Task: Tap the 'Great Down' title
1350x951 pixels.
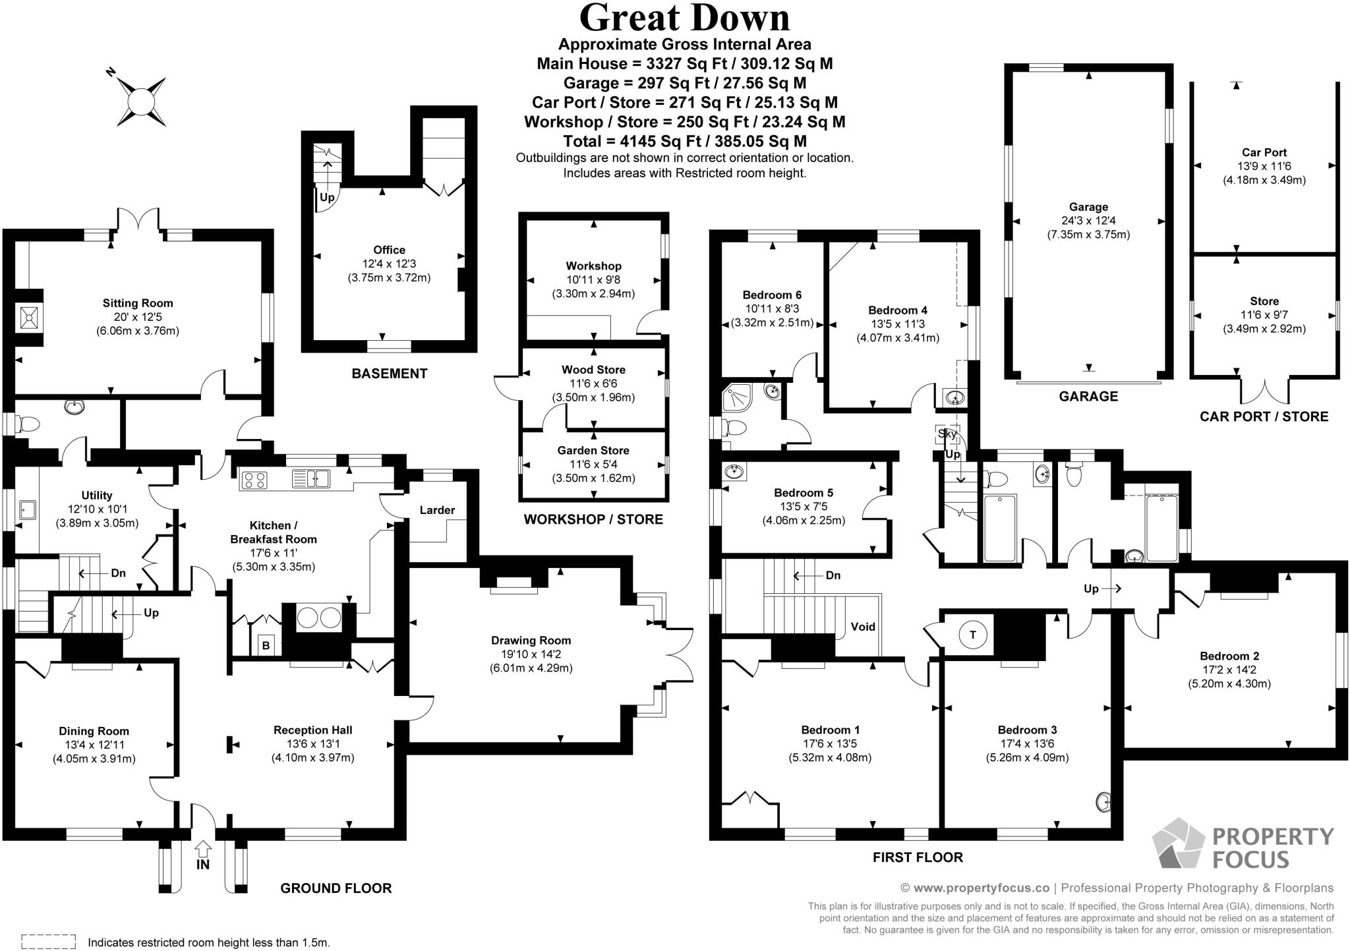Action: pos(684,18)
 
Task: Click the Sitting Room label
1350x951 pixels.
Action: pos(138,303)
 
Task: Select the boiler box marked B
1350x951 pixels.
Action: pos(266,645)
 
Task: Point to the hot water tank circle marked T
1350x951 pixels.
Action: pos(972,635)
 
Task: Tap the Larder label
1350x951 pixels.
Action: pos(437,510)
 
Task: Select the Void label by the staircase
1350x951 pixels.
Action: pos(863,626)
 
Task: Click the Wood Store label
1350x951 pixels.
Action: pos(593,370)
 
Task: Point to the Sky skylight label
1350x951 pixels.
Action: pos(947,434)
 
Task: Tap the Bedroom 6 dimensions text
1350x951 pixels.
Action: pos(772,316)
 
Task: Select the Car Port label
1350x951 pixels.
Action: pos(1264,152)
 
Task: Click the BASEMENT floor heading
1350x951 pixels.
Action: pos(389,374)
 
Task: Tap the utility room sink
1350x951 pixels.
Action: pos(28,509)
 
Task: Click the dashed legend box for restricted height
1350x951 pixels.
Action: pos(48,942)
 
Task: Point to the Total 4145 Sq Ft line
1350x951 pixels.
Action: pos(684,141)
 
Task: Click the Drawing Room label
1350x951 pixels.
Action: pos(531,640)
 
